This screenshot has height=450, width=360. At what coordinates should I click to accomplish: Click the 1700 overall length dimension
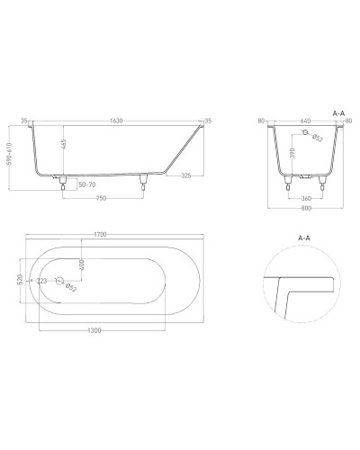(x=100, y=234)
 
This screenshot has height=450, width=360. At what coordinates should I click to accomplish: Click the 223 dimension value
(x=42, y=282)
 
